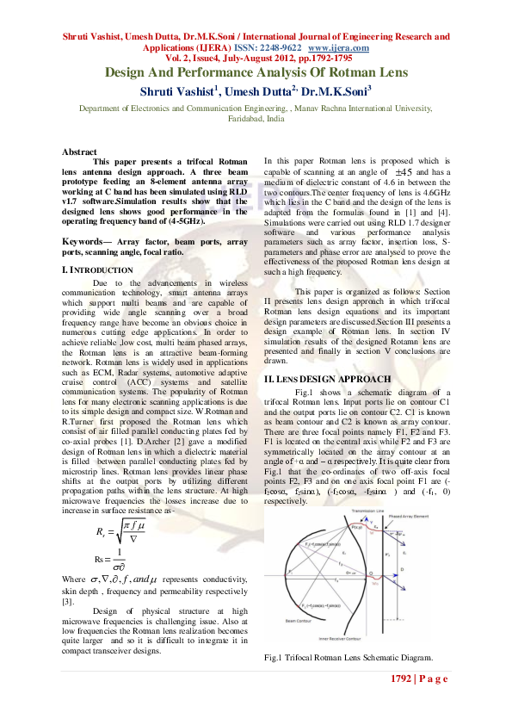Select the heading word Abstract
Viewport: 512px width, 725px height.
tap(79, 152)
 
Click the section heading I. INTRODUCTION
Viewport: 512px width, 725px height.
tap(96, 270)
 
